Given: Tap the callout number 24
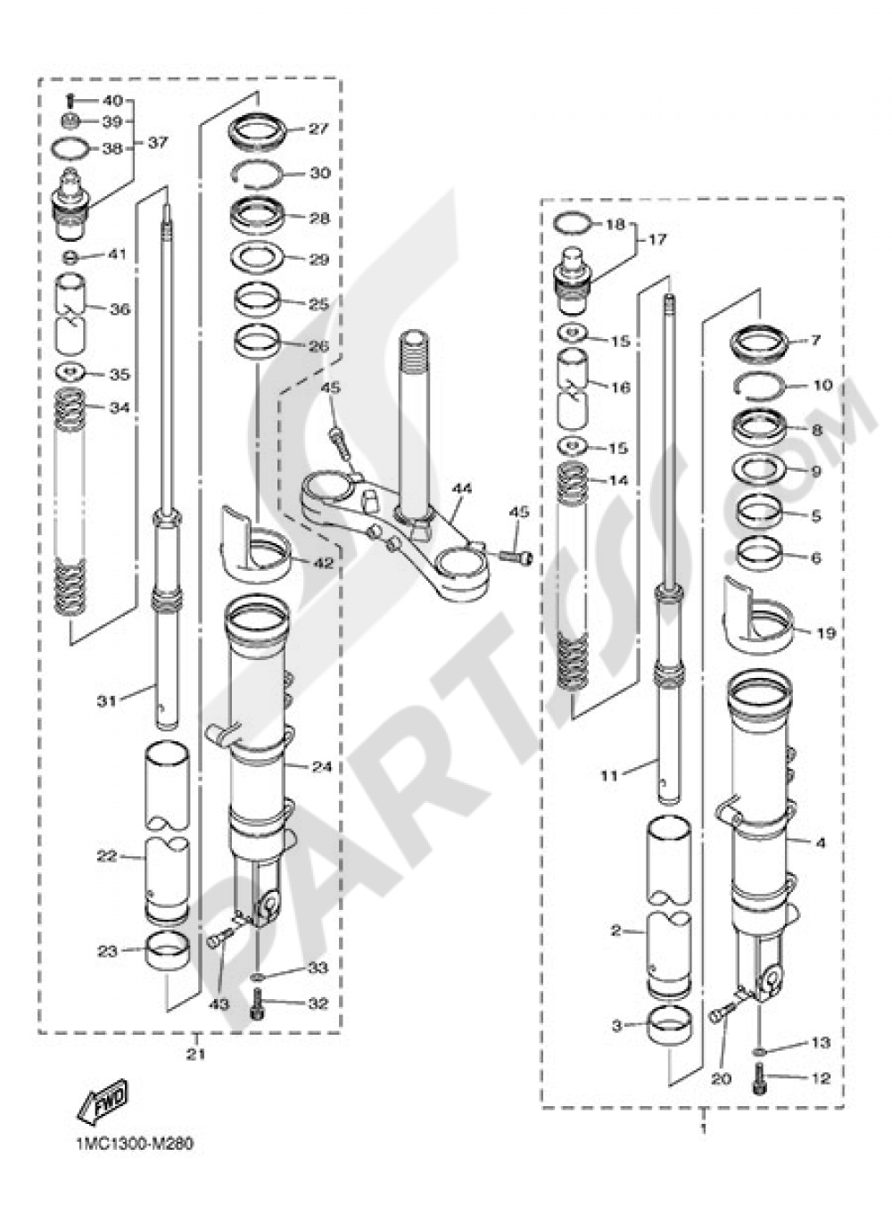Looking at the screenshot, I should [x=322, y=767].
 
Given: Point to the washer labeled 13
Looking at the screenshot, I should [x=758, y=1053].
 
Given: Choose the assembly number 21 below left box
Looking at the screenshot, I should [x=195, y=1054].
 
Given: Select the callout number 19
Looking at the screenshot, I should [x=826, y=633].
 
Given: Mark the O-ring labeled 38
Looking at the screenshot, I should [x=76, y=149].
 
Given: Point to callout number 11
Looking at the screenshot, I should [x=607, y=776].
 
